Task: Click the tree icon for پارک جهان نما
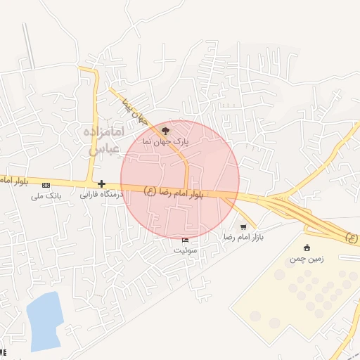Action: [166, 130]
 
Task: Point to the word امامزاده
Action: [103, 132]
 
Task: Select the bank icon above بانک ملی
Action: [46, 185]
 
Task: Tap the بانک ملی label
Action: [46, 196]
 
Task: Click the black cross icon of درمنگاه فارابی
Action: [101, 184]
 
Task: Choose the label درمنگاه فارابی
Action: [101, 194]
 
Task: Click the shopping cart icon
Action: [243, 227]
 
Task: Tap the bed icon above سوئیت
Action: [185, 240]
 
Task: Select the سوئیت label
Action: [186, 250]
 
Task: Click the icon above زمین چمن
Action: [306, 247]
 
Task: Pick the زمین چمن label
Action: [306, 259]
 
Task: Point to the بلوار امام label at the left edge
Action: [13, 181]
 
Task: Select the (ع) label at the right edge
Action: [352, 238]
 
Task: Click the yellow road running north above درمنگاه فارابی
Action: [92, 127]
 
